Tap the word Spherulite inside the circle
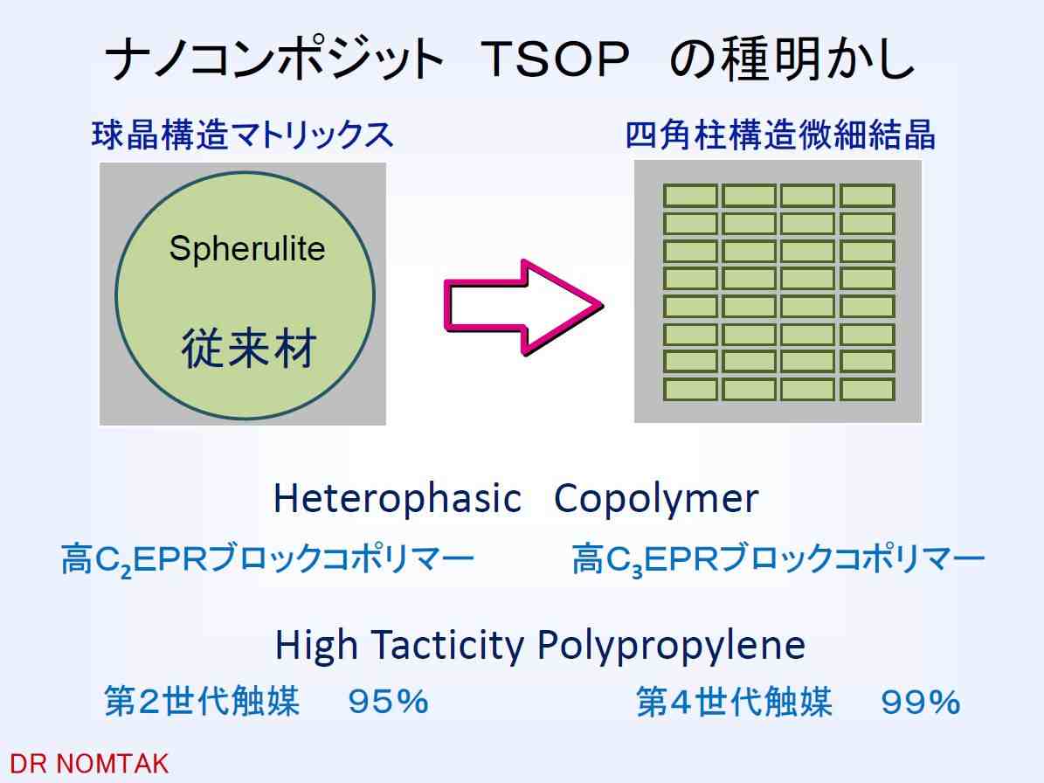[247, 250]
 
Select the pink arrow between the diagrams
[523, 306]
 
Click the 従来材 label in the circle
[248, 348]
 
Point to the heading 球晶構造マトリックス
[242, 135]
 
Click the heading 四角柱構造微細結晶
[779, 135]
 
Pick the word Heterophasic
[397, 498]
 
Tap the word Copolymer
[656, 499]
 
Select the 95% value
[388, 702]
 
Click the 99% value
[921, 702]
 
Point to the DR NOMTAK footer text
[89, 764]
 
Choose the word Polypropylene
[671, 646]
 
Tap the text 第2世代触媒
[202, 702]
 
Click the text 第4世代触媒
[735, 702]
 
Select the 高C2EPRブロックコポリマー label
[267, 559]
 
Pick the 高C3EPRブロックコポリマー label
[778, 559]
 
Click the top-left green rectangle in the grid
[690, 196]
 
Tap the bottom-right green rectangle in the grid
[867, 390]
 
